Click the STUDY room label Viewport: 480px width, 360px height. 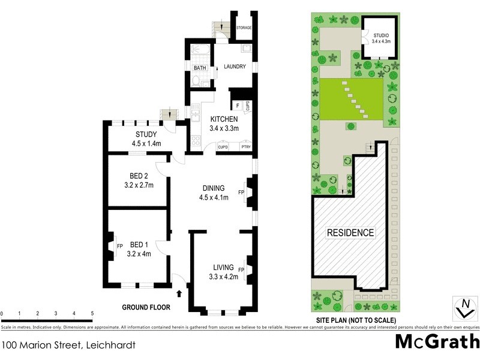(146, 134)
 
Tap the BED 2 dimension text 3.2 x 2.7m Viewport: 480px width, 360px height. (139, 185)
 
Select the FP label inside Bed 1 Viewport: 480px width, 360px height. (119, 245)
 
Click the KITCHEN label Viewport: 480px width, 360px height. (224, 119)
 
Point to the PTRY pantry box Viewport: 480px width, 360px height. (245, 146)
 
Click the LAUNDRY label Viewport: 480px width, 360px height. (235, 67)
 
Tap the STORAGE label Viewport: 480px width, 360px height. (243, 28)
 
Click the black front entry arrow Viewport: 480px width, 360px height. (179, 293)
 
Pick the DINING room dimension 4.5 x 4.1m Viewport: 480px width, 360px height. (214, 198)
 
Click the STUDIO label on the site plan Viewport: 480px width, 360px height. (381, 34)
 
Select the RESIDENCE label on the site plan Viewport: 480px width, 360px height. (350, 232)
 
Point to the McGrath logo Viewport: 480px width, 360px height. (437, 343)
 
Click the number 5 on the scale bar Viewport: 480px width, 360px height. (92, 313)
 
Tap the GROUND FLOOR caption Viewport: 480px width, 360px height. (146, 307)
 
